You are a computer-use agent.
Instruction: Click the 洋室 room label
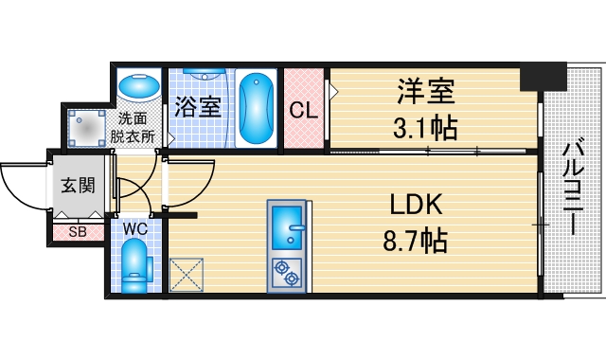[425, 92]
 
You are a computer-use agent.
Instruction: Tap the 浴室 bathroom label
[199, 106]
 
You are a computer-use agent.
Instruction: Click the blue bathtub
[256, 108]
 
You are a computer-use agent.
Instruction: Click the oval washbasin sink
[139, 87]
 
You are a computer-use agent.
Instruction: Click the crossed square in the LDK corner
[184, 275]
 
